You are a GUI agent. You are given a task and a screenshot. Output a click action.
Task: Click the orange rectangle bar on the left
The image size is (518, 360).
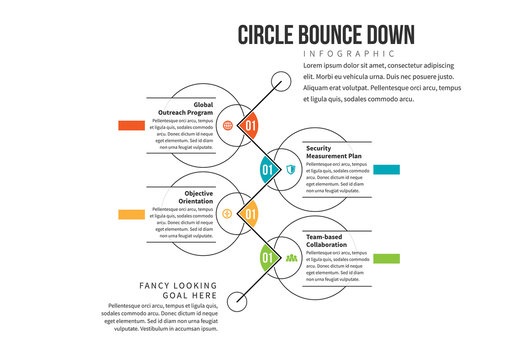[x=132, y=126]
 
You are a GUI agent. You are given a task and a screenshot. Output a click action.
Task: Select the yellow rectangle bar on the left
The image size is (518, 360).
[x=132, y=214]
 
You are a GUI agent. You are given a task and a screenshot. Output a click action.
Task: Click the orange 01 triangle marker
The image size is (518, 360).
[x=250, y=126]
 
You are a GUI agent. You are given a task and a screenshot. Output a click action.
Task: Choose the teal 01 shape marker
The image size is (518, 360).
[x=267, y=169]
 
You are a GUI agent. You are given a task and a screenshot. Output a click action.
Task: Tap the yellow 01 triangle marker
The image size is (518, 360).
[x=250, y=213]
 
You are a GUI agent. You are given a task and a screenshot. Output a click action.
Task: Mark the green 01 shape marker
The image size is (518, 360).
[x=267, y=257]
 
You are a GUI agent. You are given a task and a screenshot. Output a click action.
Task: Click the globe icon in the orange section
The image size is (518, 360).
[x=228, y=126]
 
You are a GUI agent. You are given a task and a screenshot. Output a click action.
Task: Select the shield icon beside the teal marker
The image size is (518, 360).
[x=290, y=169]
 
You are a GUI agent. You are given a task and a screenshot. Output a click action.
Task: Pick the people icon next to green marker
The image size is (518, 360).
[x=291, y=257]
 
